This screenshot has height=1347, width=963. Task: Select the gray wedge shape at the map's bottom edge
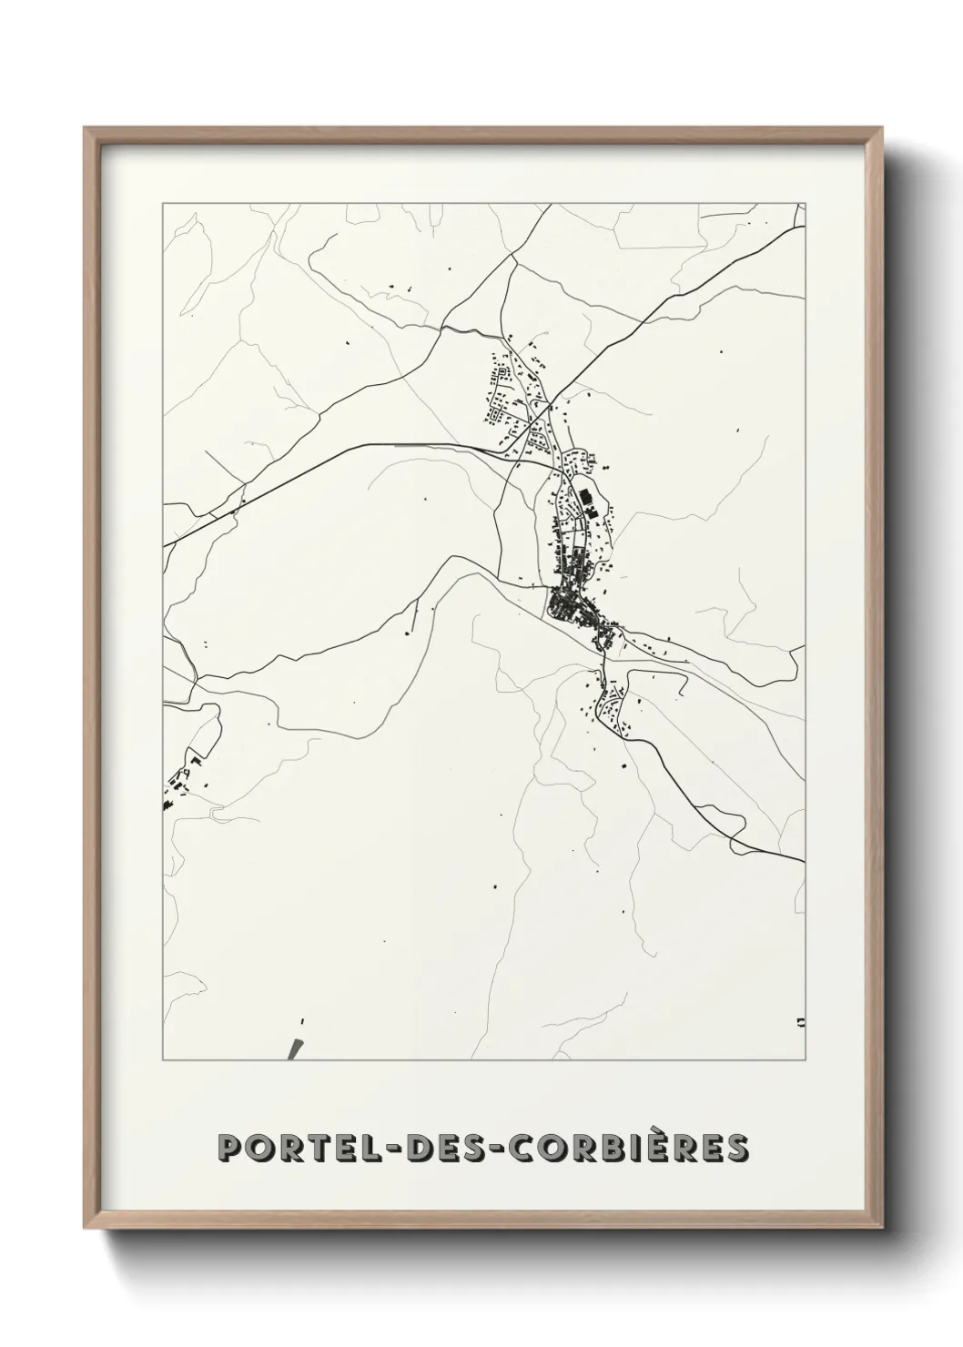(294, 1049)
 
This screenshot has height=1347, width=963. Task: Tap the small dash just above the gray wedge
(300, 1021)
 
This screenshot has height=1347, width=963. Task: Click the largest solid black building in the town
(583, 498)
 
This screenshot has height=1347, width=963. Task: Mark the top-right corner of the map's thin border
(805, 204)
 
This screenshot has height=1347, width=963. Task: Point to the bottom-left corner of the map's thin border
(163, 1060)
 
